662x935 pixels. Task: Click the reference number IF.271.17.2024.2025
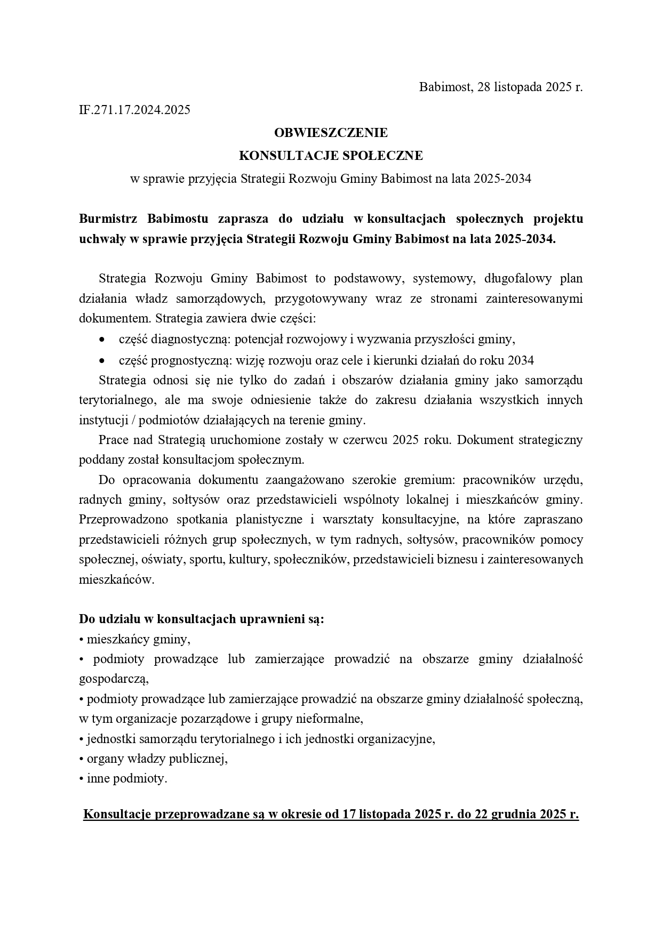click(x=134, y=110)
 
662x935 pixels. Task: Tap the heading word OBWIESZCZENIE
click(x=331, y=132)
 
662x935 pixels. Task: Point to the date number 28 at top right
click(x=484, y=87)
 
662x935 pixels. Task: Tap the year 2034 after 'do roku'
click(x=521, y=360)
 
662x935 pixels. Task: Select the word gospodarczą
click(x=113, y=679)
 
